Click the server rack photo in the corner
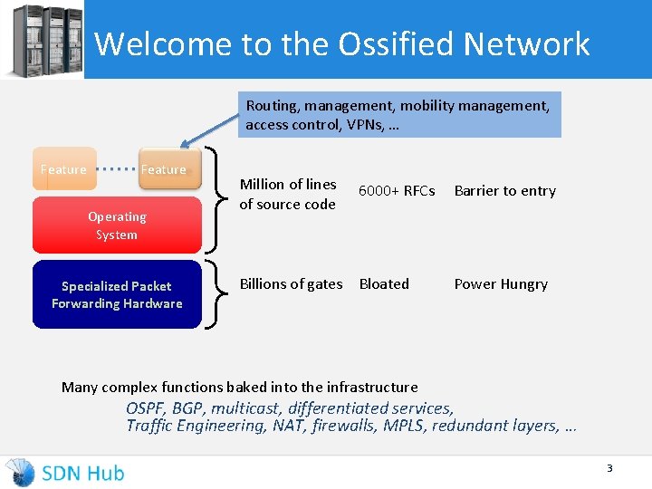[x=42, y=40]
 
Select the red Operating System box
[x=117, y=225]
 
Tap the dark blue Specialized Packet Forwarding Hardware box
[x=117, y=294]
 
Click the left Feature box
[x=64, y=169]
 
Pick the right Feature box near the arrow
[x=164, y=169]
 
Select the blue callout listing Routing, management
[x=398, y=115]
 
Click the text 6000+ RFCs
[x=397, y=191]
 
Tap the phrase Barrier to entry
[x=504, y=191]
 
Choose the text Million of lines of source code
[x=287, y=194]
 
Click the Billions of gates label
[x=291, y=284]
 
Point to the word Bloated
[x=384, y=284]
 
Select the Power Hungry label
[x=501, y=284]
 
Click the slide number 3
[x=609, y=468]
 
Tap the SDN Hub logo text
[x=82, y=472]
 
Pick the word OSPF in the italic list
[x=146, y=408]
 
